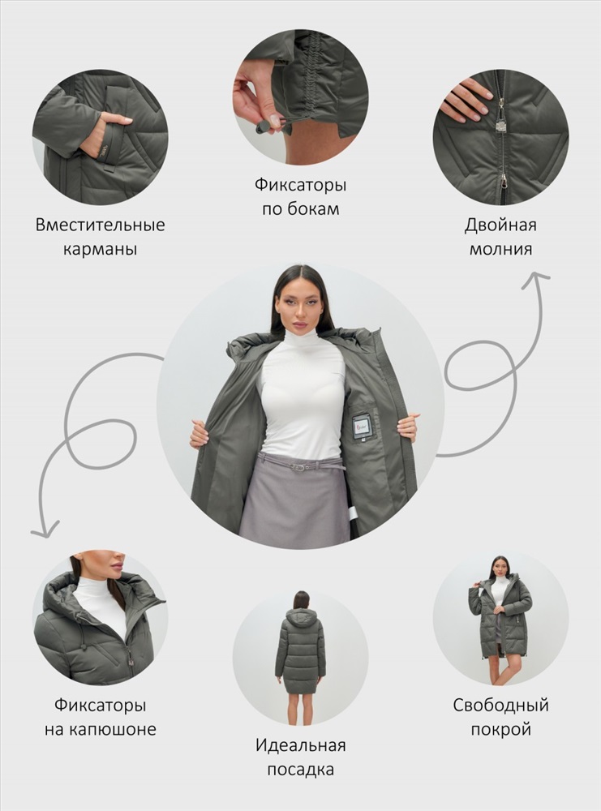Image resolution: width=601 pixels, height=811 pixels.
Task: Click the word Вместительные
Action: (x=101, y=225)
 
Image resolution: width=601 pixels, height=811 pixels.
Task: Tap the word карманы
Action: (x=101, y=249)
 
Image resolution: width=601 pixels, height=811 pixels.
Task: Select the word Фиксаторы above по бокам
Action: (x=300, y=185)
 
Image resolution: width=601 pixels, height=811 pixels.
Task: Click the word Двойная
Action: (x=500, y=225)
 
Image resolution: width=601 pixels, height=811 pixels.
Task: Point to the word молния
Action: (x=500, y=249)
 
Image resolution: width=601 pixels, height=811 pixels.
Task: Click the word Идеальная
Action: (x=300, y=745)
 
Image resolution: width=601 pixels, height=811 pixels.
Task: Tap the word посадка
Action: (x=300, y=770)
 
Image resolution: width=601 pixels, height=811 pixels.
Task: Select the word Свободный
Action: (x=500, y=705)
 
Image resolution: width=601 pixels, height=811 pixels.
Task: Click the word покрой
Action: (x=500, y=729)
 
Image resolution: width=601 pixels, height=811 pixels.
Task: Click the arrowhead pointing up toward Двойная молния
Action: (x=536, y=279)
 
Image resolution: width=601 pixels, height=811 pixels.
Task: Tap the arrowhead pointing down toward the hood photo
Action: (x=45, y=530)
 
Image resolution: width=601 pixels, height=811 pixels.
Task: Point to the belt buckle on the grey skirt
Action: (x=297, y=467)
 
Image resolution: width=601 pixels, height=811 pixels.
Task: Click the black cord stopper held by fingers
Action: (x=263, y=127)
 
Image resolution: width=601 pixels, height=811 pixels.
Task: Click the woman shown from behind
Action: (x=300, y=657)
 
